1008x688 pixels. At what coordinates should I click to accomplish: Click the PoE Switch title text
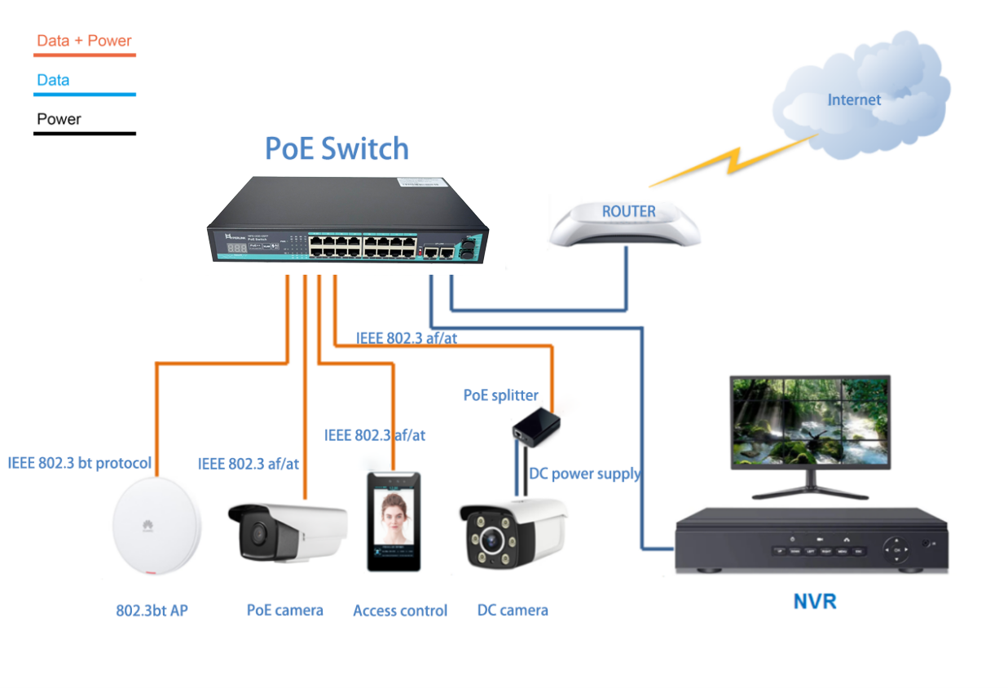click(337, 148)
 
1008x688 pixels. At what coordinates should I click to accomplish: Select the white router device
click(625, 224)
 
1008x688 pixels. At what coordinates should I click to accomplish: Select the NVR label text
click(814, 602)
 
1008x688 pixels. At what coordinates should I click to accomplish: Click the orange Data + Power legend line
click(84, 55)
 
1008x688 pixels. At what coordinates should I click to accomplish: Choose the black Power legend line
click(84, 133)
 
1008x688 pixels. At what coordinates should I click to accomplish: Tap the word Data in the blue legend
click(53, 80)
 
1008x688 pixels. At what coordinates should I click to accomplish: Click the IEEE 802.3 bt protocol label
click(80, 463)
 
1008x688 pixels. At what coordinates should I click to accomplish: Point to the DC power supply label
click(584, 474)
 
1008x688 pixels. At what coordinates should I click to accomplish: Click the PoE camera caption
click(284, 610)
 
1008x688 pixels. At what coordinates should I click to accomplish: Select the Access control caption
click(400, 611)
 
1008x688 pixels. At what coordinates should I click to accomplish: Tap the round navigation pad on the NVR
click(897, 550)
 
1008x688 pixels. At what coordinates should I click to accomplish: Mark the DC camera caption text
click(513, 610)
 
